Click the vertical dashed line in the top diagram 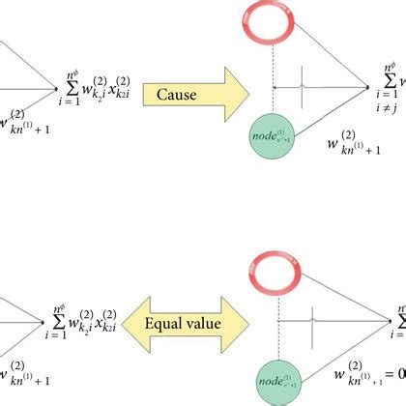(x=278, y=97)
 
